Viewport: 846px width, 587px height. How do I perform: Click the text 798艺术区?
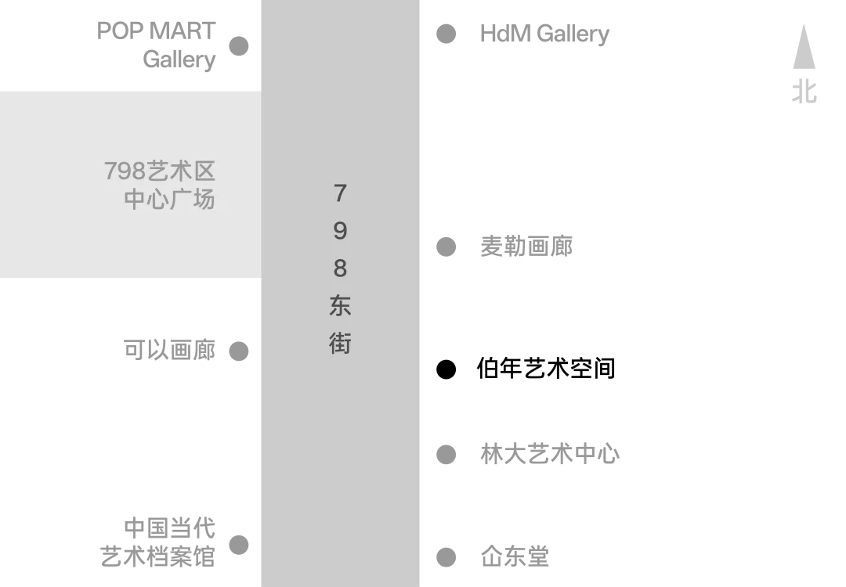(x=159, y=171)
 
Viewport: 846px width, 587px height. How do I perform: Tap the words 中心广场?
(x=169, y=199)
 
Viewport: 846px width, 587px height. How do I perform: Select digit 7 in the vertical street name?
(x=340, y=193)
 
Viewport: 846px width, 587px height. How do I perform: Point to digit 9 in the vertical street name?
(x=340, y=230)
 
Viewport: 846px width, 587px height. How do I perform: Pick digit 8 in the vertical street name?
(x=340, y=268)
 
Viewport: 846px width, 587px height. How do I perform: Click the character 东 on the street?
(x=340, y=305)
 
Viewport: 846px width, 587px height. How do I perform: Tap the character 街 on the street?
(x=340, y=343)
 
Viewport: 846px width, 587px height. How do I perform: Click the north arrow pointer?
(x=804, y=44)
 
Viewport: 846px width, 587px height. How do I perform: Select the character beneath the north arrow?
(x=804, y=91)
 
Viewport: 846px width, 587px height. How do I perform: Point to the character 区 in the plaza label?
(x=204, y=171)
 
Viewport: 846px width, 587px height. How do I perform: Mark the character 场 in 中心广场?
(x=204, y=199)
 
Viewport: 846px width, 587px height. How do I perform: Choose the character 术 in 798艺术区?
(x=182, y=171)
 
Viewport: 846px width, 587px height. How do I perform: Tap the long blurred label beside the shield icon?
(x=548, y=454)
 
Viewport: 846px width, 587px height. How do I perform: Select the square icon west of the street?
(x=238, y=545)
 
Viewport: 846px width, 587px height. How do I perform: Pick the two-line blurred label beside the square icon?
(x=161, y=542)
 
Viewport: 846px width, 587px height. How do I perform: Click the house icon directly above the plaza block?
(x=238, y=45)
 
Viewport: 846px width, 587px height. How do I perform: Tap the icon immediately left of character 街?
(x=238, y=351)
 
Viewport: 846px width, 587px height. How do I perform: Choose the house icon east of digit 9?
(x=445, y=245)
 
